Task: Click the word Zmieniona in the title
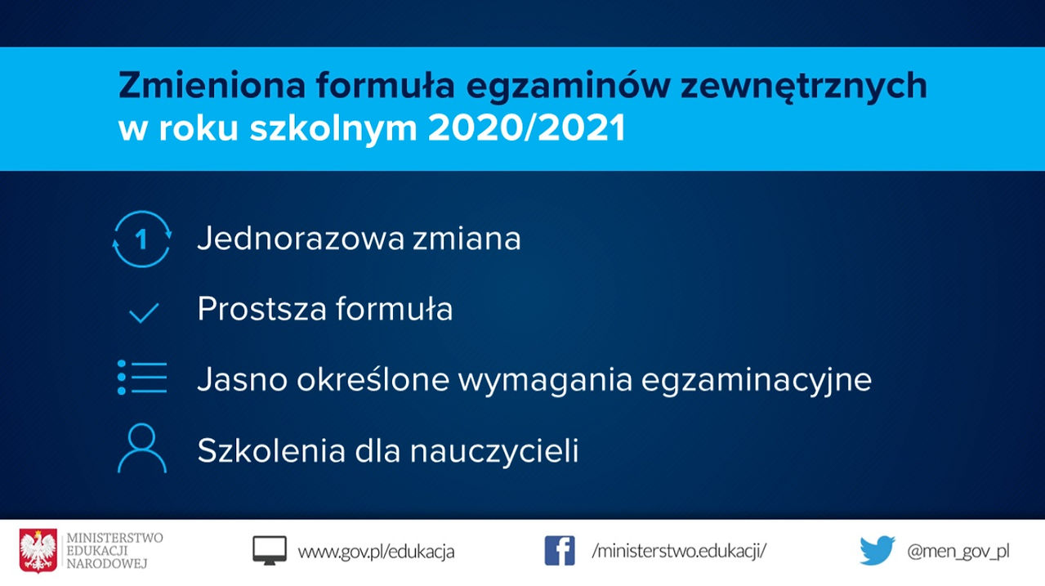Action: [212, 85]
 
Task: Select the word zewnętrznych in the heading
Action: [804, 87]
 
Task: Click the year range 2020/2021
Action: [527, 128]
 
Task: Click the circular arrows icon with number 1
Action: [142, 239]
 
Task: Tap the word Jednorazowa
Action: [301, 239]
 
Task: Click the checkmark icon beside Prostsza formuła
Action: [144, 312]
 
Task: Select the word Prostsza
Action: [261, 309]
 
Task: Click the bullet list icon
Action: [142, 378]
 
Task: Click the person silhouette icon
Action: [142, 449]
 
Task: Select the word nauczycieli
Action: [494, 450]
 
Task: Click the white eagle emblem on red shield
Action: [38, 551]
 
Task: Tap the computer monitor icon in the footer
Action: [270, 551]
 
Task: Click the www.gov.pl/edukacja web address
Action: [376, 552]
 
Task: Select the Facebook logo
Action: [560, 551]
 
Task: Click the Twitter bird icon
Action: [877, 551]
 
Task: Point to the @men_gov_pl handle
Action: [958, 552]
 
